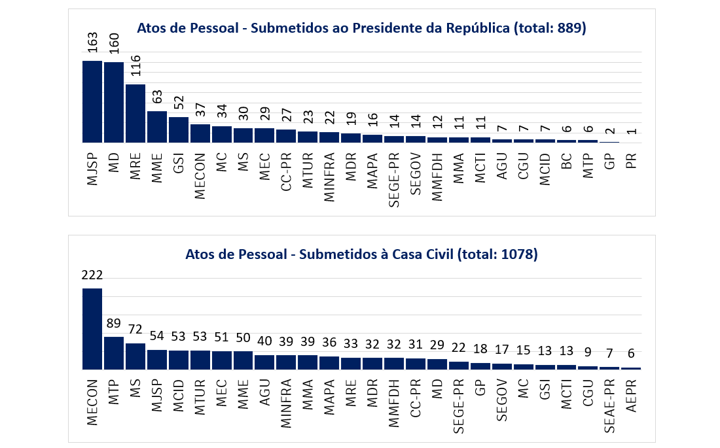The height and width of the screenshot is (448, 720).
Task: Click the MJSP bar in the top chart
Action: click(x=92, y=101)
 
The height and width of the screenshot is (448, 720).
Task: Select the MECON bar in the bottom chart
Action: click(x=92, y=328)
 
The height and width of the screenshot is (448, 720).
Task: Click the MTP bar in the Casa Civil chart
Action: click(x=113, y=353)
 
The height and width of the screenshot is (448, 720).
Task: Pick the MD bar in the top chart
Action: click(x=114, y=103)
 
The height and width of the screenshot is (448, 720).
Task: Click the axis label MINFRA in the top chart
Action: click(x=329, y=172)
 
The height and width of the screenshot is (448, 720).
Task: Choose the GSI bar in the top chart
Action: click(x=179, y=129)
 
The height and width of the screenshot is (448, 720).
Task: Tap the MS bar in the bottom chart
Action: click(x=135, y=356)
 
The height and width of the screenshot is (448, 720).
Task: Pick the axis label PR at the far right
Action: click(x=632, y=159)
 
